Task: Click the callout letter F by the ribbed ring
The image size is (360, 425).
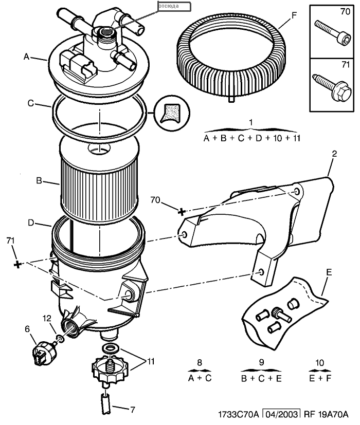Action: [294, 16]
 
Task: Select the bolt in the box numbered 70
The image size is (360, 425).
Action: [333, 33]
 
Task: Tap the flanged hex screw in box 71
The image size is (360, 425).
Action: [332, 87]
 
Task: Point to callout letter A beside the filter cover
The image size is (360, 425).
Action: [26, 57]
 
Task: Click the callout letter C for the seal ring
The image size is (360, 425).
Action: [31, 103]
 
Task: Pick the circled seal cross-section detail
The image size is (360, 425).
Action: [172, 113]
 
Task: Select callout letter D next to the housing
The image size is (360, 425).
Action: [31, 223]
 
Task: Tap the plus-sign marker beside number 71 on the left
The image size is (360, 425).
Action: [17, 264]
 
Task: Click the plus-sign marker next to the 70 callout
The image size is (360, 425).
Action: [182, 211]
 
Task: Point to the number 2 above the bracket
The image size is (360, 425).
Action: [334, 154]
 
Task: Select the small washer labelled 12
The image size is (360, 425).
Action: [61, 339]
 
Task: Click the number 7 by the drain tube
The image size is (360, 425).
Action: [133, 410]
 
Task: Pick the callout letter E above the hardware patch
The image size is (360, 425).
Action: [329, 272]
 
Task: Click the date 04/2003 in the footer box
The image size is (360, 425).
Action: [281, 414]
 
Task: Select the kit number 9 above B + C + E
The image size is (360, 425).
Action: [261, 362]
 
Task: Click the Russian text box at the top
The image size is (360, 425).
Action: [174, 7]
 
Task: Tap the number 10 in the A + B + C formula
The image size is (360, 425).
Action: [277, 138]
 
